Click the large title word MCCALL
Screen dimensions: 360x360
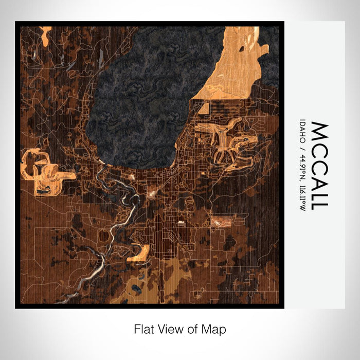(319, 165)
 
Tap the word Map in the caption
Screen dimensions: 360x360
(215, 328)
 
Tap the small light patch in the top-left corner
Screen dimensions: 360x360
(45, 34)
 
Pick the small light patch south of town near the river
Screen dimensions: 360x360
(139, 253)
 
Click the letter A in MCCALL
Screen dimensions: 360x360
(319, 178)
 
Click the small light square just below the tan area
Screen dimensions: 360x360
(204, 109)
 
